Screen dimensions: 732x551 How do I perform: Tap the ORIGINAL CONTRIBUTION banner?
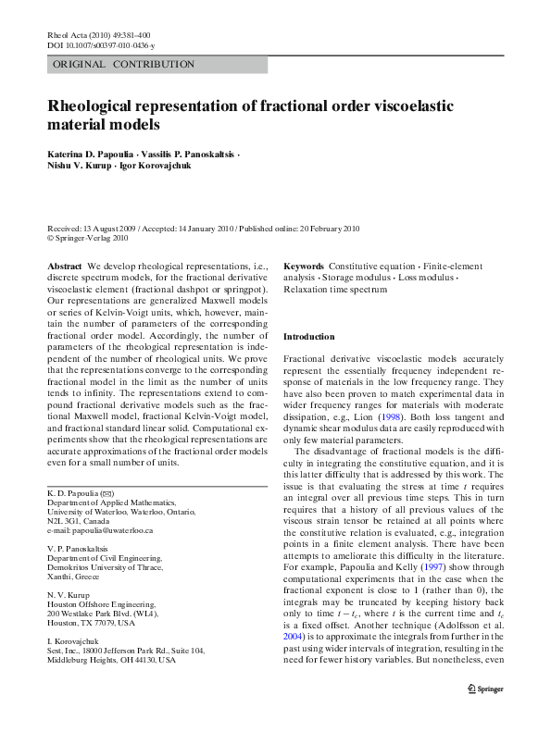pos(124,65)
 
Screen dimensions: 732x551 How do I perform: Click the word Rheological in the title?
pos(97,106)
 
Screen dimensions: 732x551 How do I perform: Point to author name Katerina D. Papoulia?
pos(91,152)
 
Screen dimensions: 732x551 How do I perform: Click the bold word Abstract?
pos(65,266)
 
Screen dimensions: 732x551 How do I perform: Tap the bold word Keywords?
pos(303,266)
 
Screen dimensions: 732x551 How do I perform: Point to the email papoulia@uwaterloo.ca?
pos(100,530)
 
